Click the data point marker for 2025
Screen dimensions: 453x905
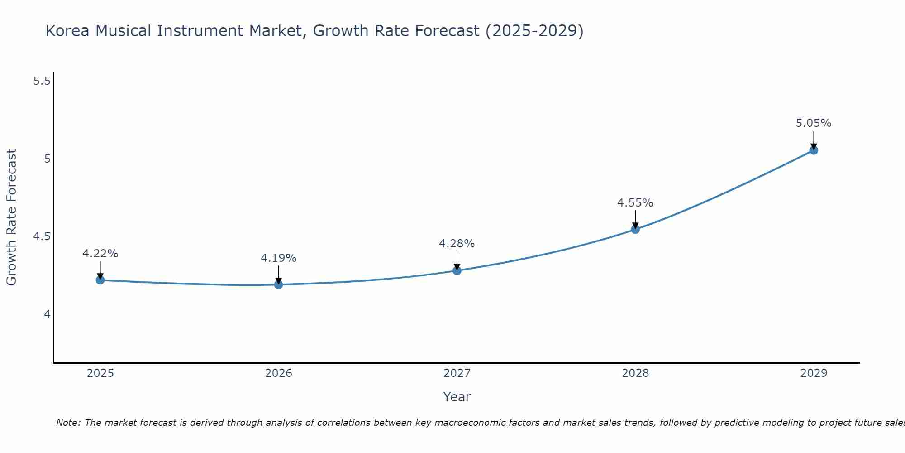(100, 280)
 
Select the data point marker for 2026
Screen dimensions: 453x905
(278, 284)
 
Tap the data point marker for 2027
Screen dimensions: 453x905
(457, 270)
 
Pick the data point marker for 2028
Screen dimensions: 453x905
(635, 229)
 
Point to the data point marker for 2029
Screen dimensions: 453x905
(814, 150)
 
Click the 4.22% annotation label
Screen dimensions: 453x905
(100, 254)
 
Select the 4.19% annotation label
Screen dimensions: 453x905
(278, 258)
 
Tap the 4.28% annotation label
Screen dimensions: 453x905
(457, 244)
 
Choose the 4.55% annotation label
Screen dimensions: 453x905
(635, 203)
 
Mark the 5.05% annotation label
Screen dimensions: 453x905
(814, 123)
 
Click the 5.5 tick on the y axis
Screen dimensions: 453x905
(42, 81)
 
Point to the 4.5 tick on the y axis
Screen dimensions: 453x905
(42, 236)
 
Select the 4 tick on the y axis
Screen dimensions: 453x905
(47, 314)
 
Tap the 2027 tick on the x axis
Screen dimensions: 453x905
(457, 373)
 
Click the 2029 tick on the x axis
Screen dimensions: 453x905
(814, 373)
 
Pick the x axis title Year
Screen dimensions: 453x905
(457, 397)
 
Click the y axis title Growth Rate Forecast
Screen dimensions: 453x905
(11, 217)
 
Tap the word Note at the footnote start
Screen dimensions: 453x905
(68, 423)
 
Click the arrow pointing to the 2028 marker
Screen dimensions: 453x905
(635, 219)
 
